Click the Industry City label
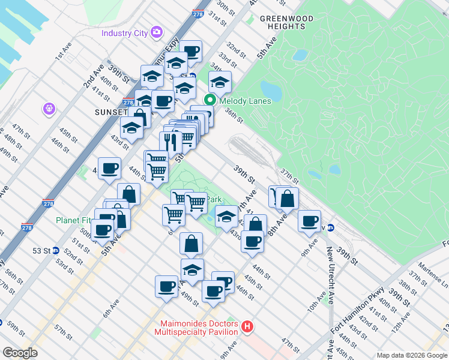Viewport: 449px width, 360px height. [125, 32]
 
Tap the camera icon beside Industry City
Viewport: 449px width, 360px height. [157, 32]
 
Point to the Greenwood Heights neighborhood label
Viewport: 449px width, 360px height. [286, 22]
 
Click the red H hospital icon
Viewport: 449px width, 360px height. [247, 327]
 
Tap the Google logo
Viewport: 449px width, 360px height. [20, 353]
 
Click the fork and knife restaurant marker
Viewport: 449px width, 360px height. [170, 142]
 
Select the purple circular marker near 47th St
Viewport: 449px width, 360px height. [49, 109]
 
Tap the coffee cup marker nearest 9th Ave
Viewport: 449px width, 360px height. [310, 221]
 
